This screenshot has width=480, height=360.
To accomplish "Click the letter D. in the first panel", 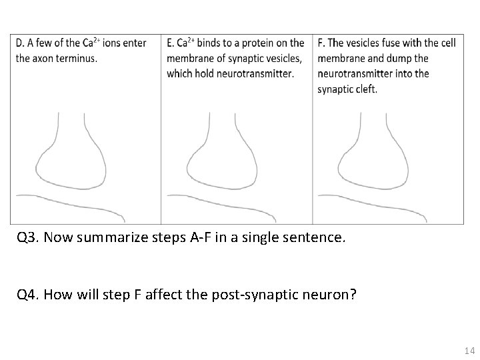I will point(20,43).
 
